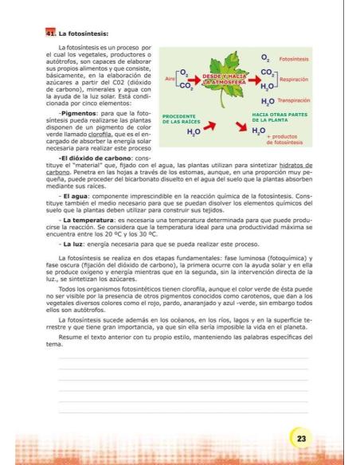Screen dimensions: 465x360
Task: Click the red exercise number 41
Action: pyautogui.click(x=51, y=34)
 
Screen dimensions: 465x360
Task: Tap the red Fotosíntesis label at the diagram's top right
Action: pyautogui.click(x=295, y=59)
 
